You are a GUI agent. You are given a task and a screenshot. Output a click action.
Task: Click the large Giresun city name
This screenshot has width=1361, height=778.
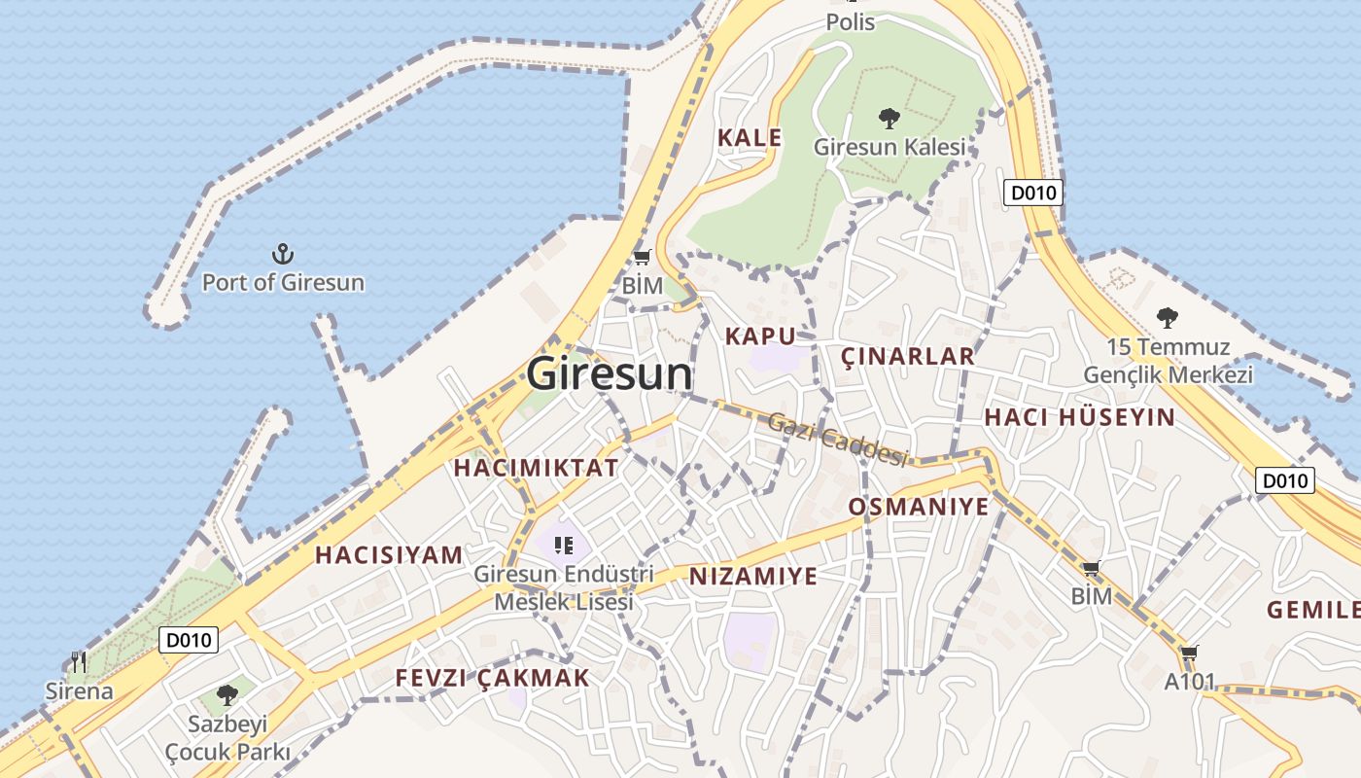611,374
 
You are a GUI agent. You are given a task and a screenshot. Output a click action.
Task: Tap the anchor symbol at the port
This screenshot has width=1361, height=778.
282,255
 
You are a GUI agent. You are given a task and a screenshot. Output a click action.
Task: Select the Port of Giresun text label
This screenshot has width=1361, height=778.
283,283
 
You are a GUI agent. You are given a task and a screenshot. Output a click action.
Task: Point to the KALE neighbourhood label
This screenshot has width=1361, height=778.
750,138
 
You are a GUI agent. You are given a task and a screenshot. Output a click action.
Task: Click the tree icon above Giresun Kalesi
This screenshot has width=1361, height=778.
889,119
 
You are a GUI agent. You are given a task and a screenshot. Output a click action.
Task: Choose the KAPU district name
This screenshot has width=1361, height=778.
760,336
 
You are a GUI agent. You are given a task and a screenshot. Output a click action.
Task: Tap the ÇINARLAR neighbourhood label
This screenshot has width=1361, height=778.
907,356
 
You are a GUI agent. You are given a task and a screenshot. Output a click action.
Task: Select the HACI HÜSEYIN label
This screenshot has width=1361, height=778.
1079,418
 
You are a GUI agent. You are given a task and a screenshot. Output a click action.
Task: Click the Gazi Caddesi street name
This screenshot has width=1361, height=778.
837,439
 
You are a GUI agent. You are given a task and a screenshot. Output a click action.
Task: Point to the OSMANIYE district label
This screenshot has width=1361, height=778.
919,507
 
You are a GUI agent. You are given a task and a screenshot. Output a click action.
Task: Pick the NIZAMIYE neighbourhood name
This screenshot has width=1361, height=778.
753,577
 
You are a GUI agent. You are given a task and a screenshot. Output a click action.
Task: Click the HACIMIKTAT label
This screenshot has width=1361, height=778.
536,468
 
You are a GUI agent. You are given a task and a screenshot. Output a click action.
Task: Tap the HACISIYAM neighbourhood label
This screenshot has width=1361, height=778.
389,555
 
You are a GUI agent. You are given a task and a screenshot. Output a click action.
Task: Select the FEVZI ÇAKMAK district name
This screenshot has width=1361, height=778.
492,679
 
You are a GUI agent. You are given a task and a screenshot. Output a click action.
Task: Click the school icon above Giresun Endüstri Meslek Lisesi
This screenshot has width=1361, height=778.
563,546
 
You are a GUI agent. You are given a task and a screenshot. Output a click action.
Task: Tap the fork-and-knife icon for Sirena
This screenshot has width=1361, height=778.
79,663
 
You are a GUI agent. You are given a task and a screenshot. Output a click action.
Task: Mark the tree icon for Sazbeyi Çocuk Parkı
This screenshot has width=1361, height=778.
227,694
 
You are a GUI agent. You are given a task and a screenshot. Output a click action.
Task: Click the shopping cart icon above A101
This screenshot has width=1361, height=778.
1190,653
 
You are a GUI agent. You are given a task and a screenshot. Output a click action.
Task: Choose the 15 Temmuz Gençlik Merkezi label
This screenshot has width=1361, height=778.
1168,361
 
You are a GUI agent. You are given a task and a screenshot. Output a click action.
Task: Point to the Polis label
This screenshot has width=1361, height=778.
851,21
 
